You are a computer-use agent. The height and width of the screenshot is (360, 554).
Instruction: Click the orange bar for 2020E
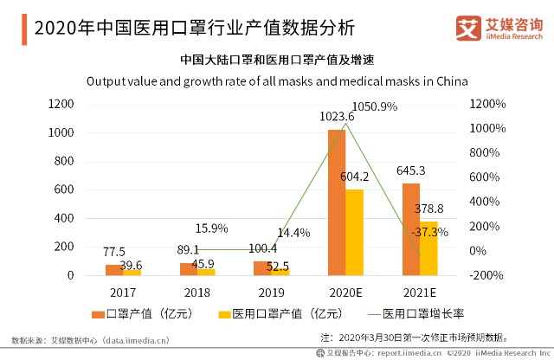coord(336,202)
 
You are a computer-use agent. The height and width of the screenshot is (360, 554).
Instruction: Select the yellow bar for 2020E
coord(354,232)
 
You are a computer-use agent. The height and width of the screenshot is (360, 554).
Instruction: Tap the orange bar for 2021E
coord(410,229)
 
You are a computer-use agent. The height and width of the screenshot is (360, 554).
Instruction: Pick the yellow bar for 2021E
coord(428,247)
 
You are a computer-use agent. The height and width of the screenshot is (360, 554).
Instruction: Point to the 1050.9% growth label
coord(375,106)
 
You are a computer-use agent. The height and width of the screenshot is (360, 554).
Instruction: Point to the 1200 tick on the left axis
coord(61,105)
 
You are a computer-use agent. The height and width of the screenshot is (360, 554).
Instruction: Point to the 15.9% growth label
coord(212,228)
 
